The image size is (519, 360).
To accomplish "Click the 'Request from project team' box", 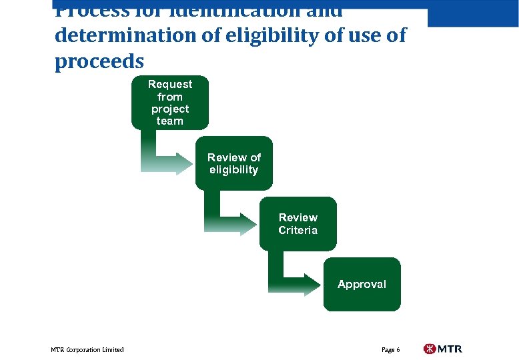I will click(169, 102).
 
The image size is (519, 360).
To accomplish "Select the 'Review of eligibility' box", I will click(233, 163).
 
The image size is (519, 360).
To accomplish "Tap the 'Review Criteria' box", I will click(298, 224).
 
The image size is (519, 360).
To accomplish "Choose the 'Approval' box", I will click(362, 284).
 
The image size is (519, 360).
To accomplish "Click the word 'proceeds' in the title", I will click(99, 61).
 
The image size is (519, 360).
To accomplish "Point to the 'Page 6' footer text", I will click(390, 350).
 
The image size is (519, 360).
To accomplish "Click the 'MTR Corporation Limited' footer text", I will click(87, 350).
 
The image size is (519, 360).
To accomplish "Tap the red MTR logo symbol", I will click(430, 349).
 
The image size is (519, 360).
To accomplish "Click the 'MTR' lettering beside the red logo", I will click(450, 349).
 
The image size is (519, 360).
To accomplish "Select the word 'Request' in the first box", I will click(169, 84).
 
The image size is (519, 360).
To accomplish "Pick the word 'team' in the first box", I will click(169, 121).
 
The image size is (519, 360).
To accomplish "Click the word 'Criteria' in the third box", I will click(298, 230).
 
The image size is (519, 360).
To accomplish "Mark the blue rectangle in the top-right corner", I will click(473, 13).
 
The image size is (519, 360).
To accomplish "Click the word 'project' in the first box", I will click(169, 109).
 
